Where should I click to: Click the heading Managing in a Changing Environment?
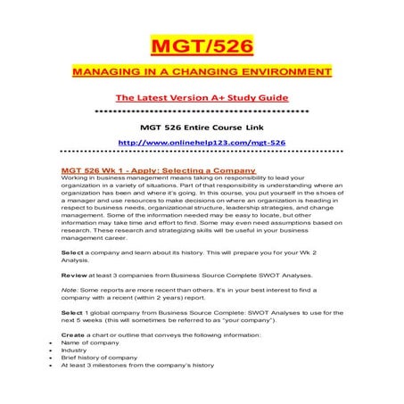point(202,71)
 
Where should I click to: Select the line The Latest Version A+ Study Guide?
point(202,95)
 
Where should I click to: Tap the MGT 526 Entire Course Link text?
point(202,125)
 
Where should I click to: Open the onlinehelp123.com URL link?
point(202,141)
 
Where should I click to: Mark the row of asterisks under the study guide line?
point(202,110)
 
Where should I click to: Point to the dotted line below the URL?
point(202,153)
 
